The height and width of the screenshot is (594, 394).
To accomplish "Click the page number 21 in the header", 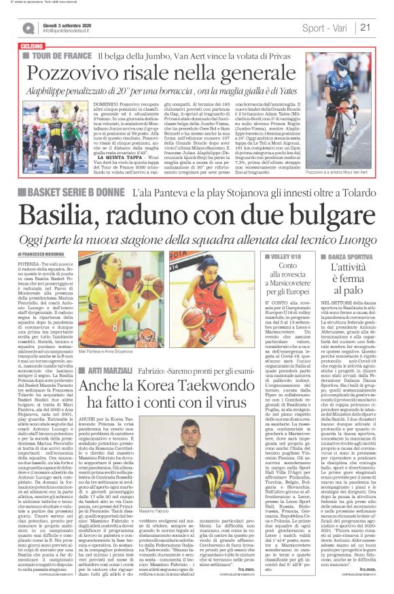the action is (x=365, y=27).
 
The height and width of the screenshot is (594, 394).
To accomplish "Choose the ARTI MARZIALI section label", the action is (x=111, y=370).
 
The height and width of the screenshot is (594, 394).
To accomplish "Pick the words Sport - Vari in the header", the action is (x=322, y=28).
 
